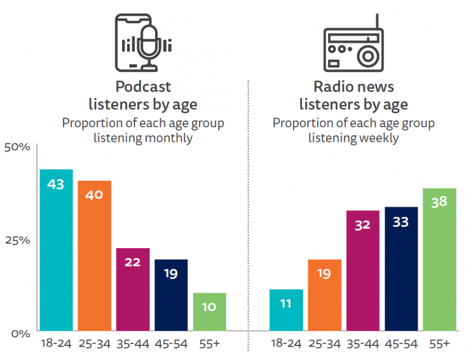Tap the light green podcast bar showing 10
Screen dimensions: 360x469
click(209, 312)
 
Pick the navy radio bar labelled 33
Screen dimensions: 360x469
click(401, 269)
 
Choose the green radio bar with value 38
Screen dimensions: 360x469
click(439, 260)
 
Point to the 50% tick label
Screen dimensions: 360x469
click(17, 147)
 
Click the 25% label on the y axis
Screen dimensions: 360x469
click(17, 240)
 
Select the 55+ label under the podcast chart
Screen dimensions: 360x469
click(209, 343)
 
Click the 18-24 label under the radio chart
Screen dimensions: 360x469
click(286, 343)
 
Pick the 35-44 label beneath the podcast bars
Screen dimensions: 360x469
click(133, 343)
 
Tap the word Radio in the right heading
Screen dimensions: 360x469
click(333, 87)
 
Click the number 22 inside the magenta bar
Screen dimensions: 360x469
click(133, 262)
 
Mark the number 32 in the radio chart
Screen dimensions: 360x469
click(362, 224)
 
